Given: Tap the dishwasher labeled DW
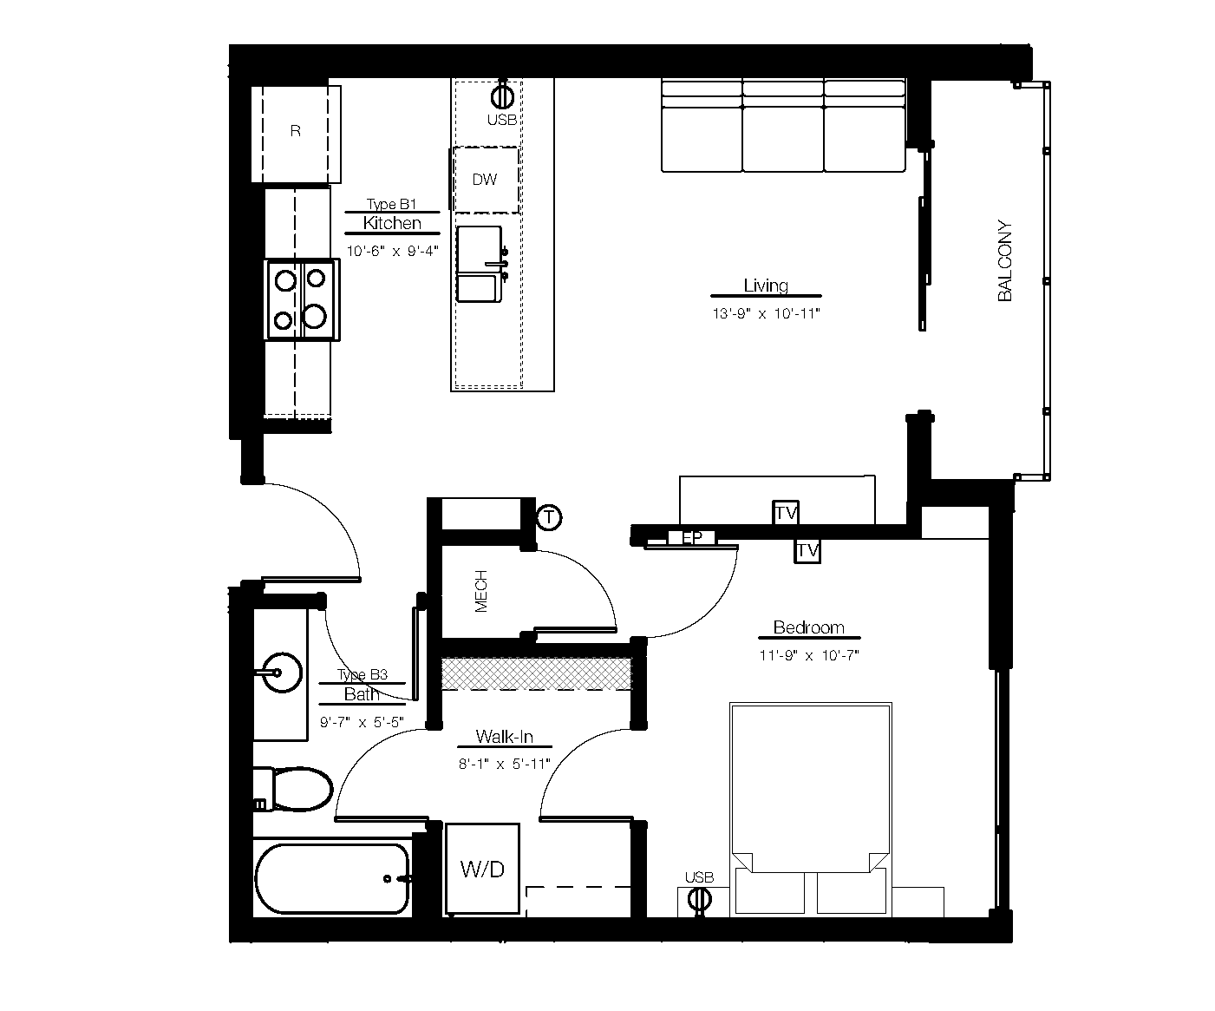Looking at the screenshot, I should tap(486, 180).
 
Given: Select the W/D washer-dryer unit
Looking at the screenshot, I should tap(482, 869).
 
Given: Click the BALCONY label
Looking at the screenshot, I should tap(1005, 261).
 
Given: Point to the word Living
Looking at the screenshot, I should tap(766, 286).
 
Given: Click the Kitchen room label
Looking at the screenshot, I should tap(392, 223).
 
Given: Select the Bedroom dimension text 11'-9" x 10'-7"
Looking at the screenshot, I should tap(808, 656).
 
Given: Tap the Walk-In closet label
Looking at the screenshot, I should tap(504, 738).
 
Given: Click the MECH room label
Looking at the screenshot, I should tap(481, 591).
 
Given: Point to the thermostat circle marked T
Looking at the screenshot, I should tap(549, 518).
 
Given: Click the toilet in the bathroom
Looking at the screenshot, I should tap(295, 789).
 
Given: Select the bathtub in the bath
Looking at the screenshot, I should tap(332, 878).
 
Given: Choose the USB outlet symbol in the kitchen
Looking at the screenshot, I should tap(503, 95).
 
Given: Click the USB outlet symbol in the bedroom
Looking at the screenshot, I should tap(698, 900).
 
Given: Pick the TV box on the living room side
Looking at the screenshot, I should tap(786, 513).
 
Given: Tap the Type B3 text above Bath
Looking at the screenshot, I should tap(362, 675).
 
